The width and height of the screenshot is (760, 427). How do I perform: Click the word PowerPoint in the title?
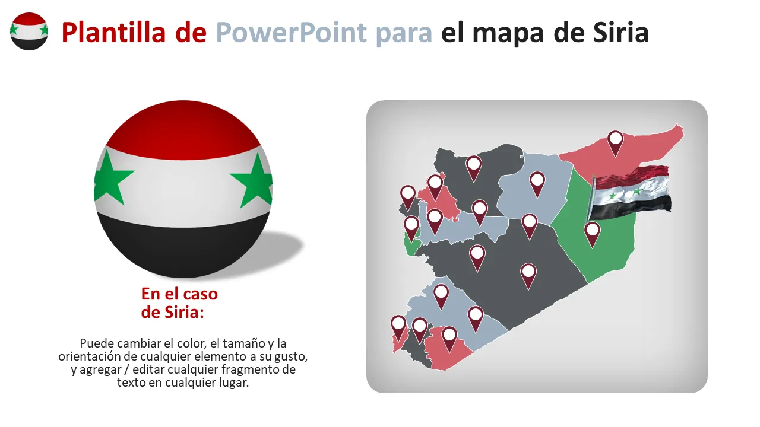point(291,33)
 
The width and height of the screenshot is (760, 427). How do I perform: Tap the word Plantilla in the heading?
point(113,32)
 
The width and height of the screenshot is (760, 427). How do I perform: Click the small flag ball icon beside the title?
point(29,31)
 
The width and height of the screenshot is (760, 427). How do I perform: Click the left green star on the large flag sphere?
point(111,178)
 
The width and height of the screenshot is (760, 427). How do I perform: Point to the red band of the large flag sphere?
point(183,130)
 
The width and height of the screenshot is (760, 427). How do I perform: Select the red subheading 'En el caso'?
point(179,294)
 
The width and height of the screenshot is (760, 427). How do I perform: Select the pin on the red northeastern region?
point(615,144)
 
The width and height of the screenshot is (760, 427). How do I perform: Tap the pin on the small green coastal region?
point(411,229)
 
